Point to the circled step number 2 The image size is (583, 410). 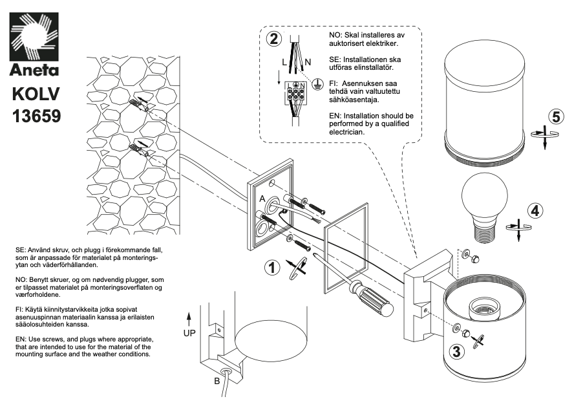point(275,38)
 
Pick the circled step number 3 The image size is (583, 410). point(456,352)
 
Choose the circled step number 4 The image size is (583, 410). point(535,210)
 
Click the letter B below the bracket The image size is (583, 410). point(217,381)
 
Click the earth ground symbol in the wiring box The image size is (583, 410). point(317,83)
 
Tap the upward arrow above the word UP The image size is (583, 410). point(188,318)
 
